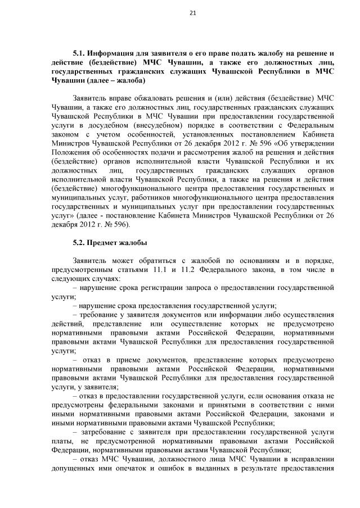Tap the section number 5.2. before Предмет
(x=82, y=243)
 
